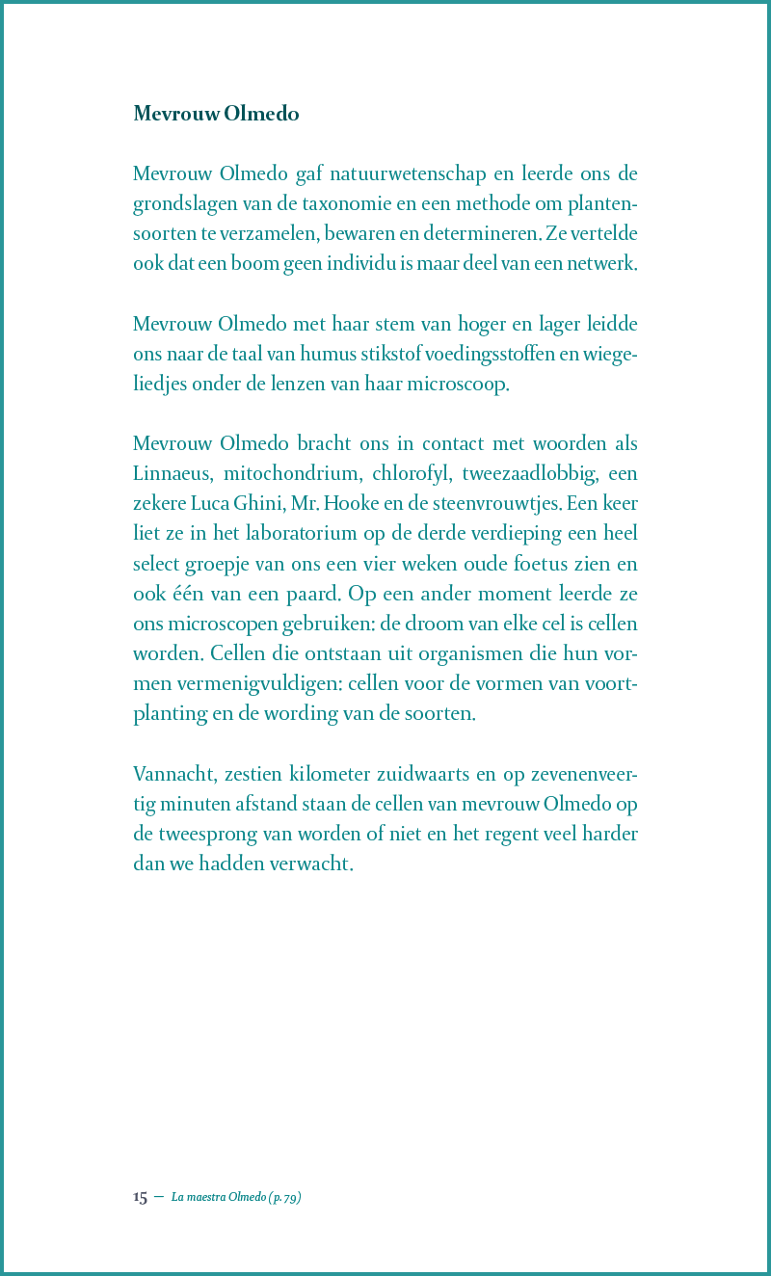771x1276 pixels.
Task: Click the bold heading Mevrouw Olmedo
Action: (x=216, y=114)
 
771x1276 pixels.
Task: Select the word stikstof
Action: (x=371, y=354)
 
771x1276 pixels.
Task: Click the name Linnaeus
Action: (x=173, y=474)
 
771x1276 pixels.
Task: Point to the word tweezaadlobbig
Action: (x=528, y=474)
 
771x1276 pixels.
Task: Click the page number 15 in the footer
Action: (x=140, y=1197)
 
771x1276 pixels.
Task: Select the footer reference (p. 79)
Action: (x=285, y=1197)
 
